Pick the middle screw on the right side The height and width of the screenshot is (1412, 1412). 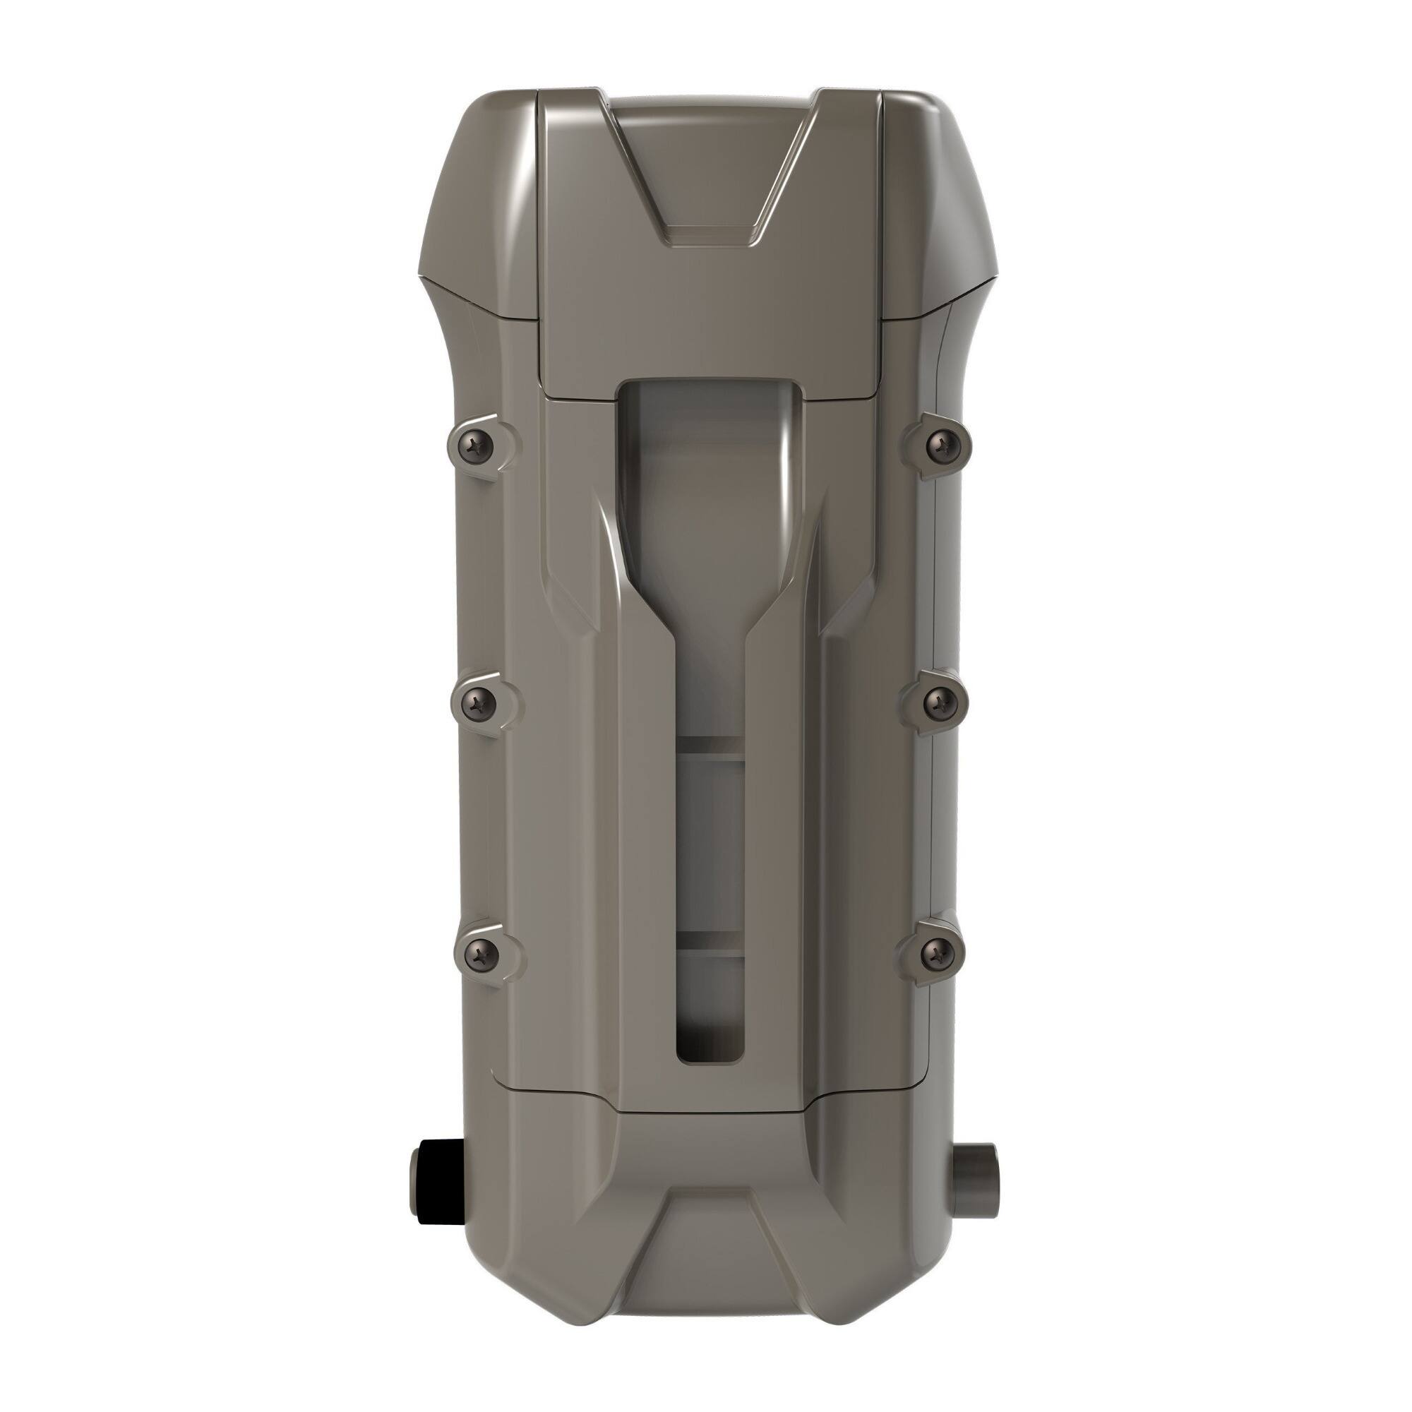[938, 703]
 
